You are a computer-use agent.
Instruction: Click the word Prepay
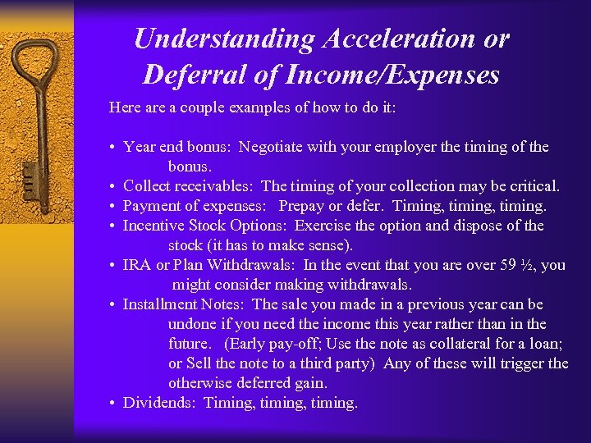[x=305, y=206]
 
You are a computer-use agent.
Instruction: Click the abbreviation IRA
[x=136, y=265]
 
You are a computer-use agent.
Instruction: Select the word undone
[x=194, y=324]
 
